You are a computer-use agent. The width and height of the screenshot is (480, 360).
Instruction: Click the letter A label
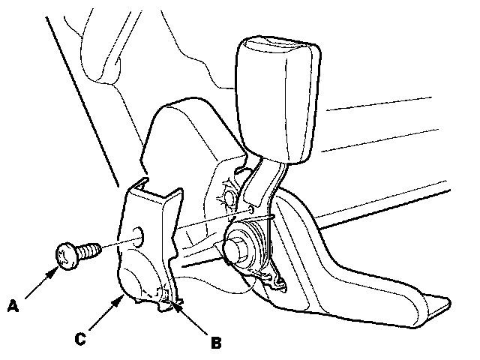click(x=13, y=306)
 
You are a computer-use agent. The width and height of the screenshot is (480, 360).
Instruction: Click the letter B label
click(x=216, y=343)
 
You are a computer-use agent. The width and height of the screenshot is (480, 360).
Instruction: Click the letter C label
click(x=80, y=339)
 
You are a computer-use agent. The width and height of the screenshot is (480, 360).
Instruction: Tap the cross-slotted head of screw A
click(x=66, y=256)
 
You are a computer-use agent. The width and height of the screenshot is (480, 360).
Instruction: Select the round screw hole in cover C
click(x=138, y=236)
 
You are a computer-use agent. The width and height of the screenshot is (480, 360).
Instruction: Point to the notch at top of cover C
click(x=144, y=181)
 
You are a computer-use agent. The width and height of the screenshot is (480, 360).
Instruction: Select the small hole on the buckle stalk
click(x=251, y=209)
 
